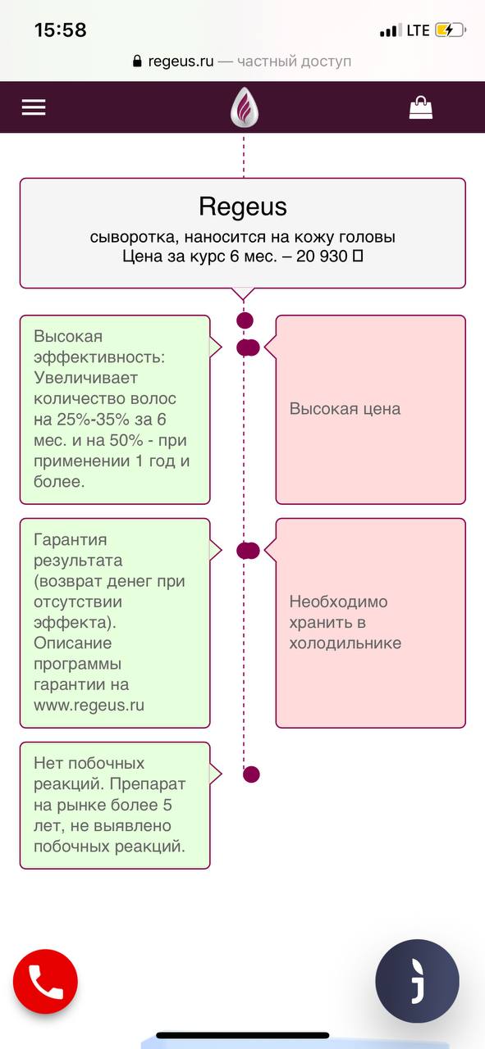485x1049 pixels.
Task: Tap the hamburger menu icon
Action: (34, 107)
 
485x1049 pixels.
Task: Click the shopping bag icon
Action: (421, 107)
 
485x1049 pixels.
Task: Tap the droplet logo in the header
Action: (244, 107)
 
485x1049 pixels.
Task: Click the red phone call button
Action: (45, 981)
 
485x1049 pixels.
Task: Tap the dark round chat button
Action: (417, 981)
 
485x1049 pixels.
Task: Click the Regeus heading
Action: (243, 207)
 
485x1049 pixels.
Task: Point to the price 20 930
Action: (322, 257)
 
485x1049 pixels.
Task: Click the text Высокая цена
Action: (345, 409)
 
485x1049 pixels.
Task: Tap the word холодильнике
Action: (345, 643)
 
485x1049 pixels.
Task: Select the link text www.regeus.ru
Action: (89, 706)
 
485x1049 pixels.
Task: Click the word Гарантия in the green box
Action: (71, 539)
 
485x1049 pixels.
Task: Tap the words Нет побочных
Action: (89, 763)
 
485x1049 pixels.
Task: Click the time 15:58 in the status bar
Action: (61, 30)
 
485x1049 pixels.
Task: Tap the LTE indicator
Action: (418, 30)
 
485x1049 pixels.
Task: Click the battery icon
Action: (451, 30)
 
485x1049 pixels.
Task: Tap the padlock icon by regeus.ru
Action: (137, 61)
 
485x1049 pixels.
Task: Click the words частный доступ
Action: (294, 61)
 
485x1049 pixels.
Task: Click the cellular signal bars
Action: (391, 30)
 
